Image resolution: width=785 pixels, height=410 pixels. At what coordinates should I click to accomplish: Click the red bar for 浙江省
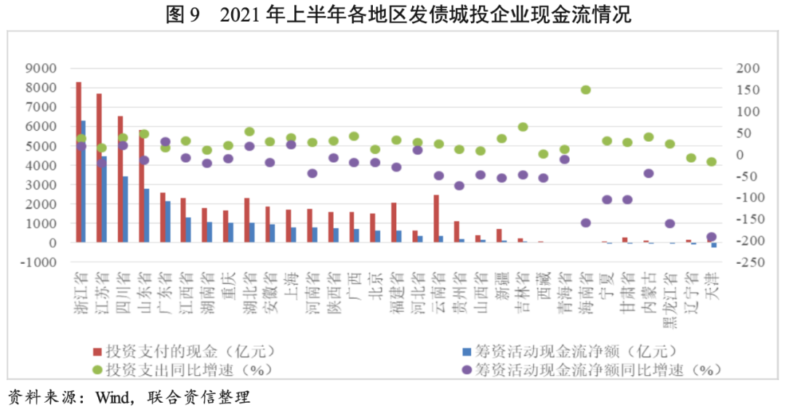[78, 161]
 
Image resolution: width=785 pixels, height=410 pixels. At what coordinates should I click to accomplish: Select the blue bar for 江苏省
[104, 199]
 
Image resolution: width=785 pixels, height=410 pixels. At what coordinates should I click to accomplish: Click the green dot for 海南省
[586, 90]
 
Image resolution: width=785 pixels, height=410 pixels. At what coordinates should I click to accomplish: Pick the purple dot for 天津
[712, 237]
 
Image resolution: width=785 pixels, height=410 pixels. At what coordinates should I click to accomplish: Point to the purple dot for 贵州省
[459, 185]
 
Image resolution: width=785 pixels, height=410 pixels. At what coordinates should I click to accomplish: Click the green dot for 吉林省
[523, 126]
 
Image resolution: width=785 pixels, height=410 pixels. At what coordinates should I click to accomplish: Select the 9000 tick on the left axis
[41, 68]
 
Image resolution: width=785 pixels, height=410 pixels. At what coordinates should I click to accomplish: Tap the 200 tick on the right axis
[748, 68]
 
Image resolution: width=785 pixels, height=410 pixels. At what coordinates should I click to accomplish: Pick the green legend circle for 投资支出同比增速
[97, 369]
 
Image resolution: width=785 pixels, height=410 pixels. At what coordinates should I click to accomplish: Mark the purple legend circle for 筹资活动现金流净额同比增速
[467, 369]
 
